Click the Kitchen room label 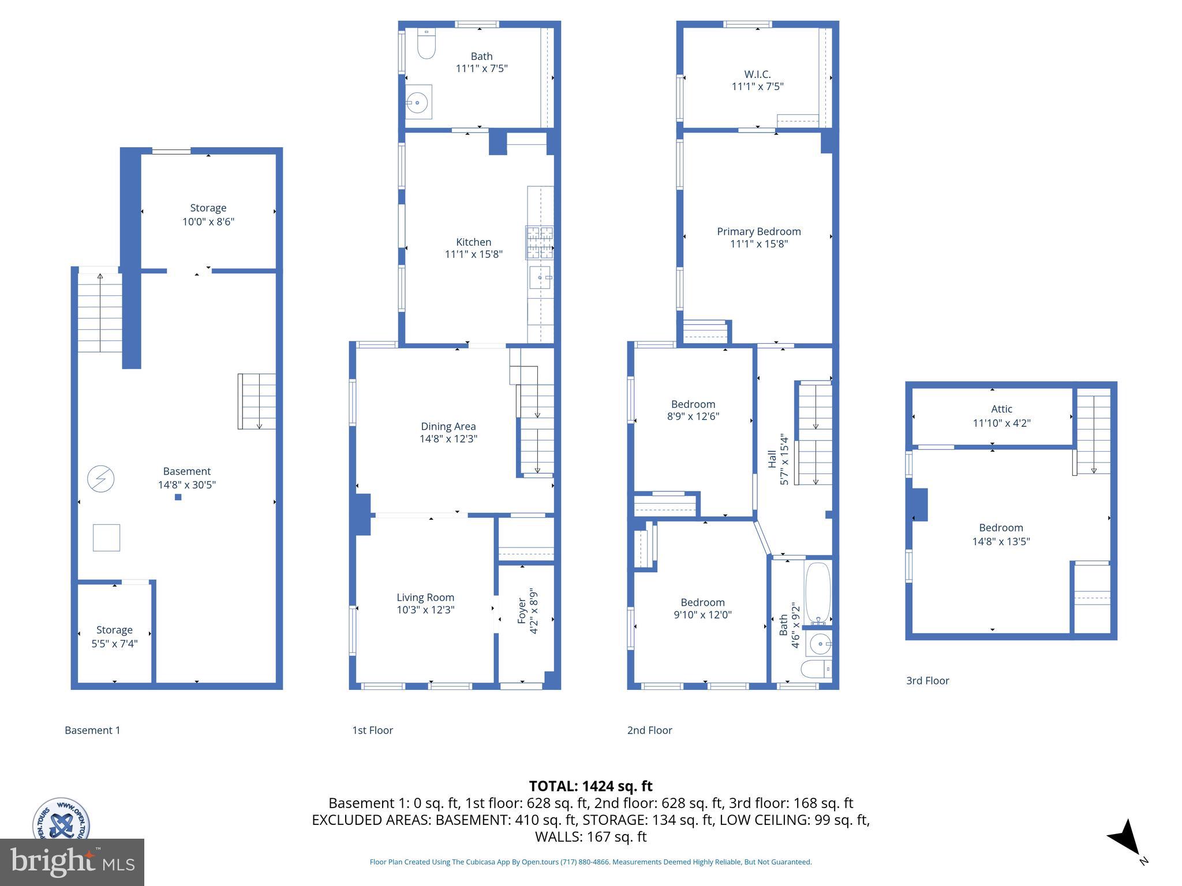473,242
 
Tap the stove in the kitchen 539,242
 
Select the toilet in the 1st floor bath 426,45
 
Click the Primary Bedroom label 758,231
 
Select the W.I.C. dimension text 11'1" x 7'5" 757,87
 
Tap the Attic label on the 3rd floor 1001,409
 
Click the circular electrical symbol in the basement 100,478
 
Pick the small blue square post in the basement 178,497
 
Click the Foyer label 522,610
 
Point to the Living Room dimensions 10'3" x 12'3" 425,610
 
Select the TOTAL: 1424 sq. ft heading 590,786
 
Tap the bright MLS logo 72,862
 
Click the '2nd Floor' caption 649,730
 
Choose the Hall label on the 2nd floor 772,459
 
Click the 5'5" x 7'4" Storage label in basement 114,643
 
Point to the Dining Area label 448,426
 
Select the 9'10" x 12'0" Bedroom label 702,615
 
